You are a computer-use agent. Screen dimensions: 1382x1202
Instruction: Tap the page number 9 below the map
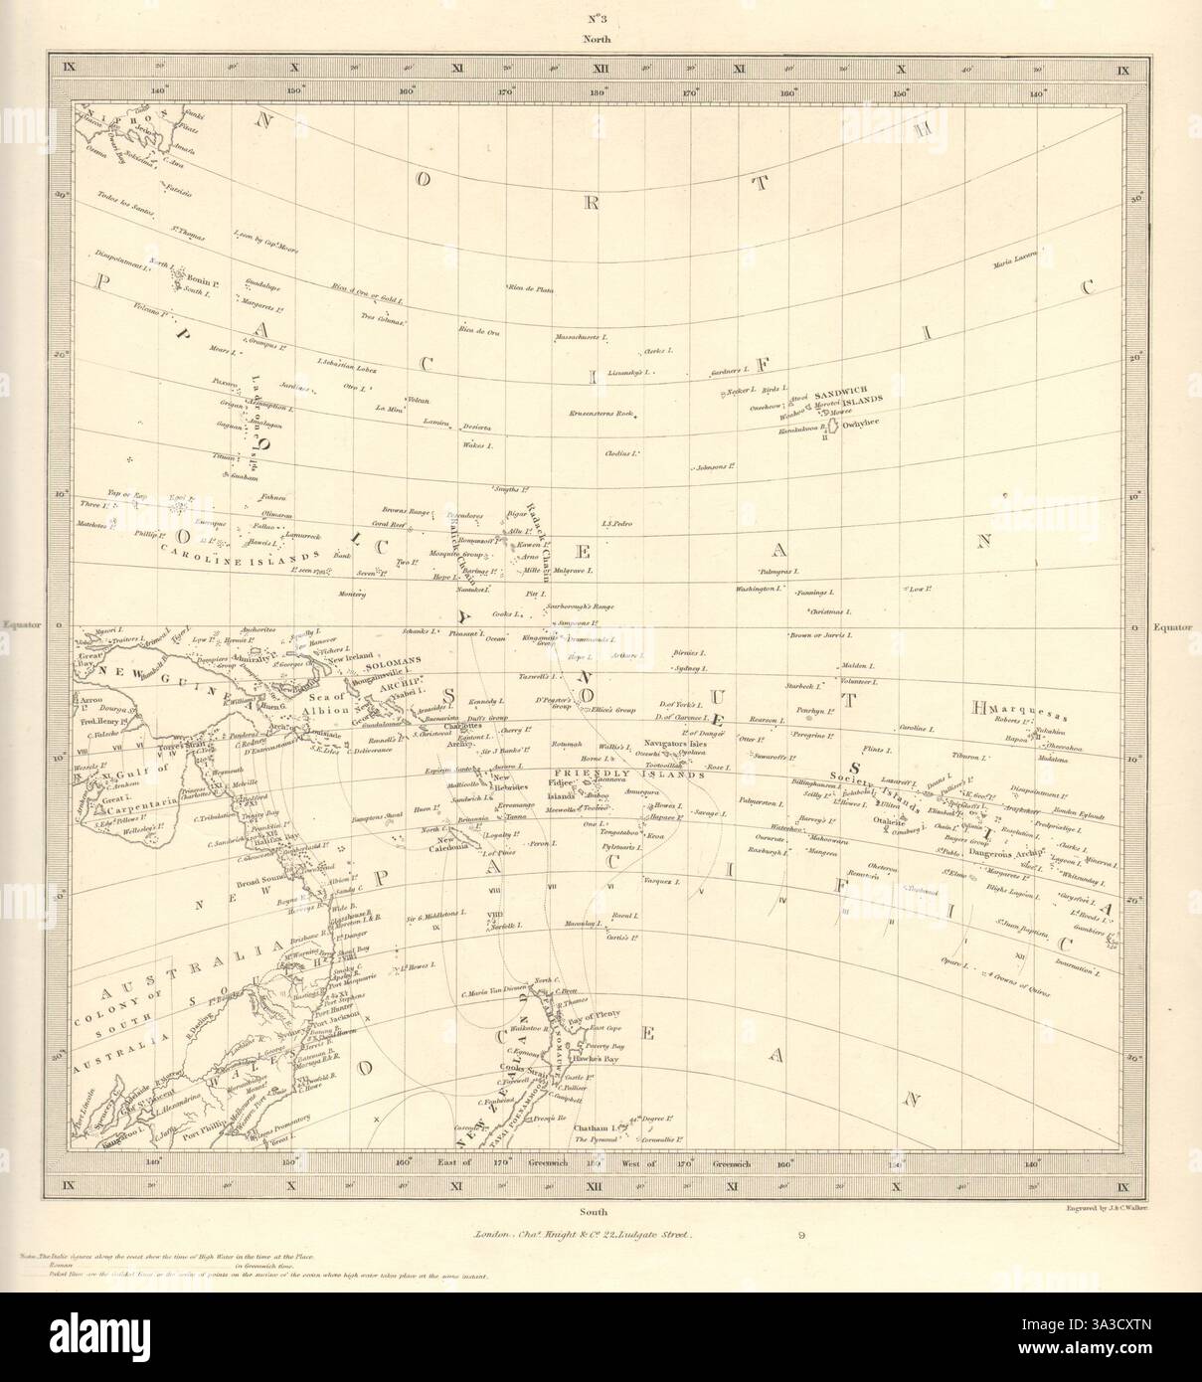click(800, 1238)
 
